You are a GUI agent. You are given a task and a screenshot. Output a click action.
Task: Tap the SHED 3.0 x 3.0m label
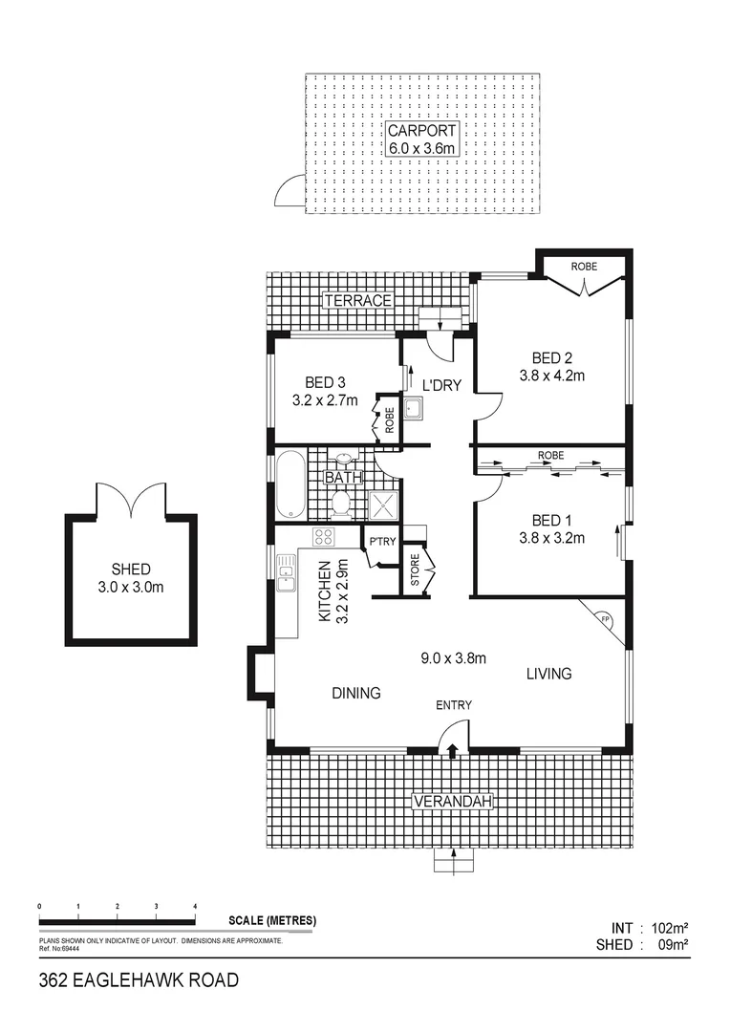click(131, 578)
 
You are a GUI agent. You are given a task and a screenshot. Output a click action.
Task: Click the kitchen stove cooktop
click(324, 536)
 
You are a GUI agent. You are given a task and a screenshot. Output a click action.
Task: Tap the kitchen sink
click(286, 572)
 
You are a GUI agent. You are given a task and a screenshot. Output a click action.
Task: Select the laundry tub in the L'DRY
click(414, 410)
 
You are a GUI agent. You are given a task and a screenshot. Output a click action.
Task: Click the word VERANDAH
click(452, 803)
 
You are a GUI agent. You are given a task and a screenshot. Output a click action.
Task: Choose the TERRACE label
click(357, 300)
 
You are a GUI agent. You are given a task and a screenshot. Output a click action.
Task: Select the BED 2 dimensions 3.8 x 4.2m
click(551, 376)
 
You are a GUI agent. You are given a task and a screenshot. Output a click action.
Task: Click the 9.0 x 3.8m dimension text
click(455, 657)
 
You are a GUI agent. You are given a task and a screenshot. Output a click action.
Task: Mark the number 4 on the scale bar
click(195, 905)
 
